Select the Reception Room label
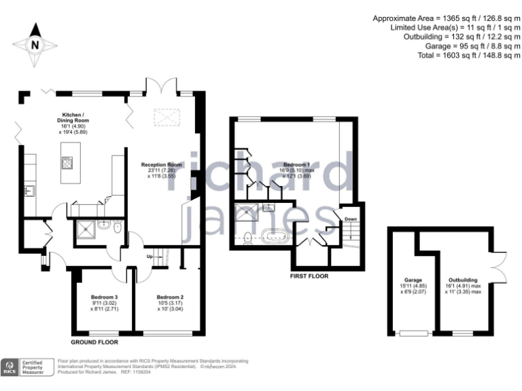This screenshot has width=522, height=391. pos(161,170)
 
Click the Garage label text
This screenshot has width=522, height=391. pos(413,284)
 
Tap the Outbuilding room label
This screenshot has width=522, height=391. pos(462,284)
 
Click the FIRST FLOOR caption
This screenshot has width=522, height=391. pos(309,276)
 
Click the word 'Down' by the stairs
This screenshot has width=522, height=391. pos(351,219)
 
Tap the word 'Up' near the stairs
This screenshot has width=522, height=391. pos(150,256)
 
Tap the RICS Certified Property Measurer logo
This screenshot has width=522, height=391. pos(28,367)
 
